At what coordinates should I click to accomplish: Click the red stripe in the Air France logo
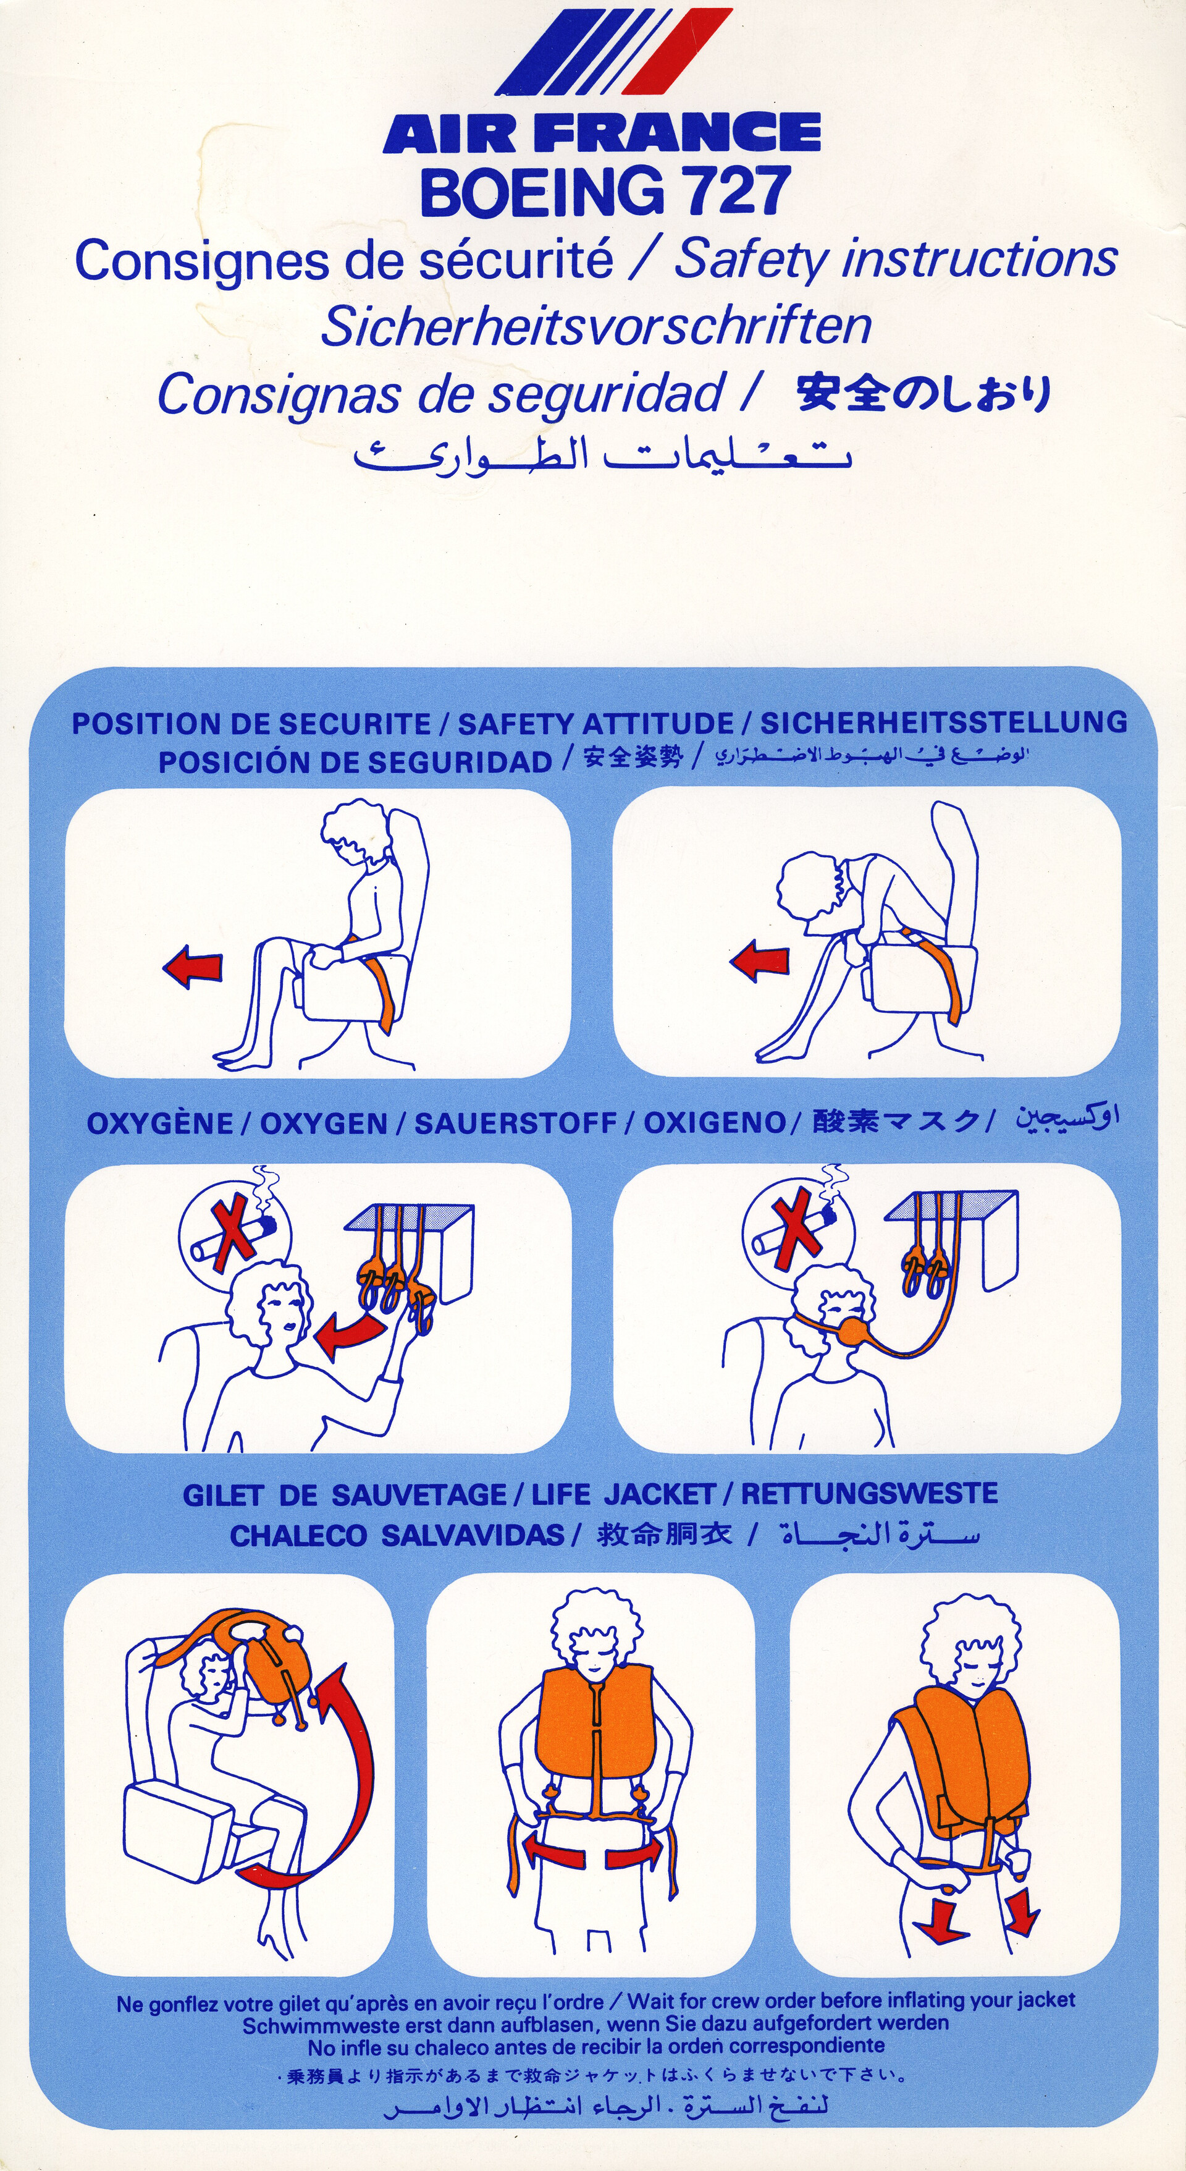(679, 51)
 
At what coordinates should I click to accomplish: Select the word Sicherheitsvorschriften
(595, 326)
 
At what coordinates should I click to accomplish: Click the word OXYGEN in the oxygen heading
(324, 1124)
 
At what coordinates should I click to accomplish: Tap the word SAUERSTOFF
(516, 1124)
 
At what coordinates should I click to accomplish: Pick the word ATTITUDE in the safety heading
(658, 723)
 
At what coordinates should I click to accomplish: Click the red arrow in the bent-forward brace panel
(760, 962)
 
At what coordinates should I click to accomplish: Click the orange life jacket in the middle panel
(595, 1724)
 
